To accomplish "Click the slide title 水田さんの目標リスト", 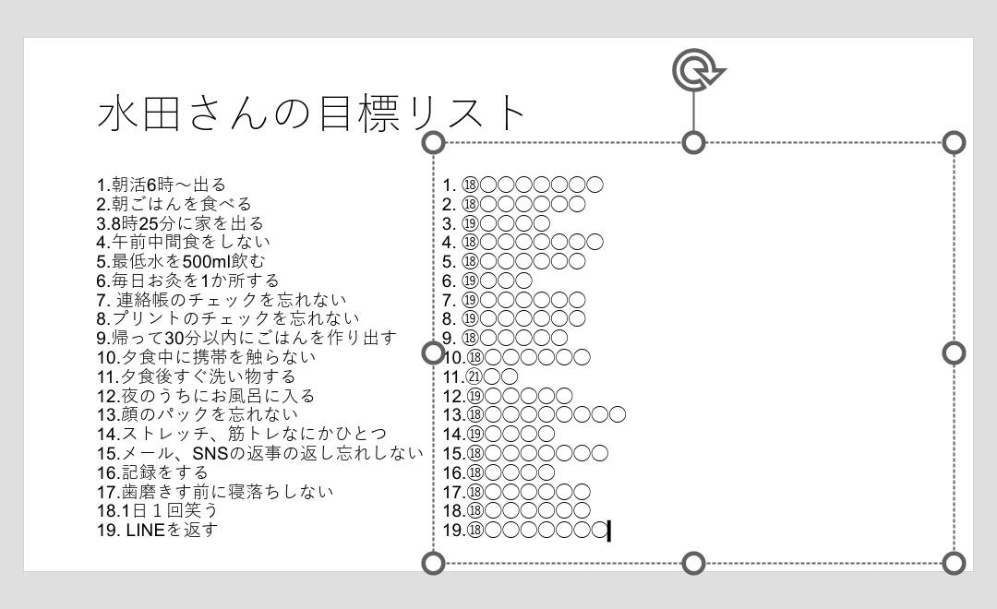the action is (311, 113).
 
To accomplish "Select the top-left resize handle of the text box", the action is (434, 142).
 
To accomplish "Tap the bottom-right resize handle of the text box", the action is (954, 563).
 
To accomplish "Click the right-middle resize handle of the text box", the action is (954, 352).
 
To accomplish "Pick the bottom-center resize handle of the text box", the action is (693, 563).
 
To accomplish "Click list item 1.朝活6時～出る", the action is (162, 185).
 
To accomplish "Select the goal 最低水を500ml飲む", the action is (181, 261).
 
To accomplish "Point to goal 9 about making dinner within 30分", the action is (246, 339).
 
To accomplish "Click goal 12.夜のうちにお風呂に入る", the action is (206, 396).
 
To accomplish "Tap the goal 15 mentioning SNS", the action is (260, 453).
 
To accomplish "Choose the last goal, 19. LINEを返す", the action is (157, 531).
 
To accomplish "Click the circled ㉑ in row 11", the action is (474, 377).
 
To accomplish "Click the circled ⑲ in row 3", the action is (469, 224).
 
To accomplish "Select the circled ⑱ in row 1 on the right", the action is (469, 185).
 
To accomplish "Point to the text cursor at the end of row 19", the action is (609, 531).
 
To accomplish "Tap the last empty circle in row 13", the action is (618, 415).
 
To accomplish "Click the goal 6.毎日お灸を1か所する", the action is (188, 281).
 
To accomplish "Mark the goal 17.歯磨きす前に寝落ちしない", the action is (215, 492).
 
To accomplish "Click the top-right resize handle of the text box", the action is (954, 142).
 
